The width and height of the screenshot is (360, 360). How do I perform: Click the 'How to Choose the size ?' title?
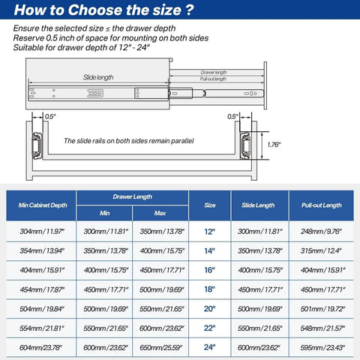tap(105, 10)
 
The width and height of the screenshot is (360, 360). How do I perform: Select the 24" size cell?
tap(210, 346)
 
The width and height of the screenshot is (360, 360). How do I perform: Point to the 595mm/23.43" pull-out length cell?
tap(322, 346)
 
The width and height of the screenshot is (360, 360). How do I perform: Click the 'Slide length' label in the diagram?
tap(98, 77)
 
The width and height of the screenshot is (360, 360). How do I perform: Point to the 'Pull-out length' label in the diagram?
tap(214, 79)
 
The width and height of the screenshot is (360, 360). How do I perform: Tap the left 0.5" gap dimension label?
tap(50, 116)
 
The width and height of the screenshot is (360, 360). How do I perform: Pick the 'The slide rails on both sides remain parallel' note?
tap(128, 140)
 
